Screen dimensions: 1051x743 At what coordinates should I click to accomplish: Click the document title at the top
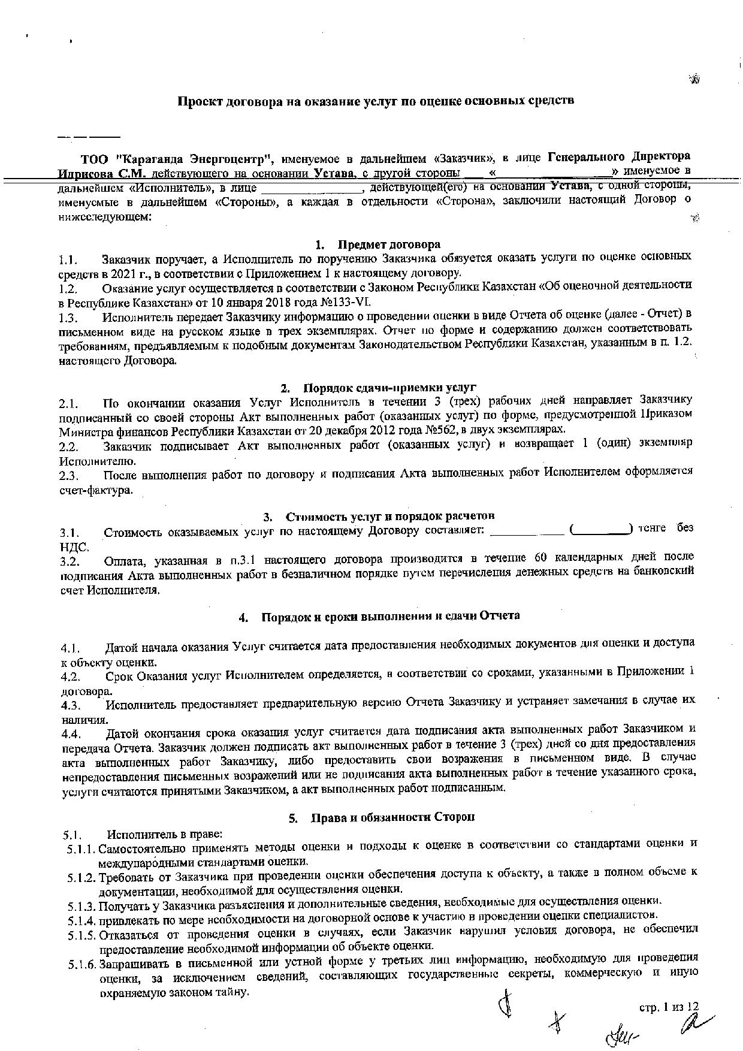(375, 101)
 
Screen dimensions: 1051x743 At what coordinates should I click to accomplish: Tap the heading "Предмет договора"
(389, 244)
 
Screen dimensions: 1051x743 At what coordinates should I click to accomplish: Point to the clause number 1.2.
(68, 288)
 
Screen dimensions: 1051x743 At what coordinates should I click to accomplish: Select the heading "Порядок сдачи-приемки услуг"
(389, 387)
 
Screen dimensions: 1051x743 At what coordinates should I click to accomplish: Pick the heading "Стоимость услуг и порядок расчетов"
(390, 516)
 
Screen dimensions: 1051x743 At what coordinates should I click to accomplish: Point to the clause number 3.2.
(70, 562)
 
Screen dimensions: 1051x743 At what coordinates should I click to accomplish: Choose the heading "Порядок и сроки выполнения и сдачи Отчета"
(390, 616)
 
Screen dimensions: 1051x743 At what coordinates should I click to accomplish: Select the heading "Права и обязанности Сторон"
(392, 817)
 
